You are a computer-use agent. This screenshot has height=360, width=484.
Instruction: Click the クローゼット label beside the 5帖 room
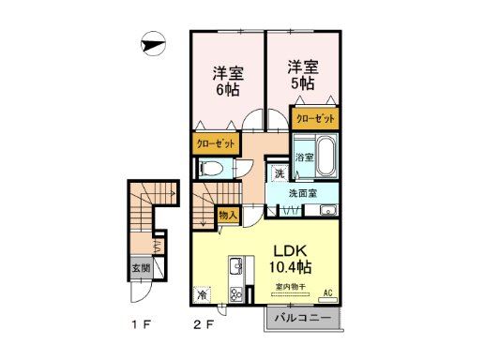[314, 119]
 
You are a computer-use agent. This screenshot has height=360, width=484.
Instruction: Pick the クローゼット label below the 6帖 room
[216, 144]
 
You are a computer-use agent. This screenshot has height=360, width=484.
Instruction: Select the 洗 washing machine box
[279, 173]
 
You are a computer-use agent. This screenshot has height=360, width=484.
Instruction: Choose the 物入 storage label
[228, 215]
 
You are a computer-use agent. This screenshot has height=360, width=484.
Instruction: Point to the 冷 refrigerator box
[204, 294]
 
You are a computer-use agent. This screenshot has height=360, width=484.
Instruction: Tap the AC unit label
[327, 292]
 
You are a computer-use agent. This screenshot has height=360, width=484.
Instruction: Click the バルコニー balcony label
[302, 319]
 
